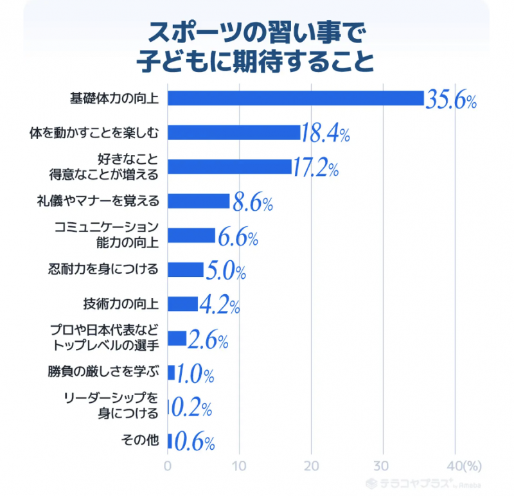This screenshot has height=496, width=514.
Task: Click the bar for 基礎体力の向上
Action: pos(296,98)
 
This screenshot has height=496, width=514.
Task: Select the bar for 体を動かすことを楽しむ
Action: pos(234,132)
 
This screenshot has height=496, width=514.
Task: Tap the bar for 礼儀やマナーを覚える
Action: pos(199,201)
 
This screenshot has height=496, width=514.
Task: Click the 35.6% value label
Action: pos(450,100)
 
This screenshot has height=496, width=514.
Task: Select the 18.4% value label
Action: pos(326,134)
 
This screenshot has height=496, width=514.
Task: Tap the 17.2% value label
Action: pos(315,169)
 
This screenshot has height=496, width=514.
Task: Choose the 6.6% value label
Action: pos(237,238)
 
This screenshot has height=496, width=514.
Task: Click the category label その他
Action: pos(139,440)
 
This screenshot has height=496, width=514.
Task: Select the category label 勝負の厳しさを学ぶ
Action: pos(111,372)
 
